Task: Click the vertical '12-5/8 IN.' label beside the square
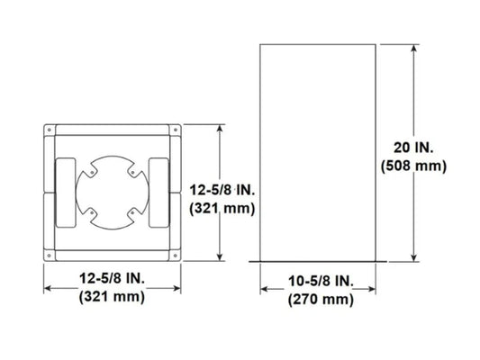(224, 189)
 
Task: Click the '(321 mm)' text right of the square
(224, 207)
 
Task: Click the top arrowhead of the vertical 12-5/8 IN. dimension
(222, 129)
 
